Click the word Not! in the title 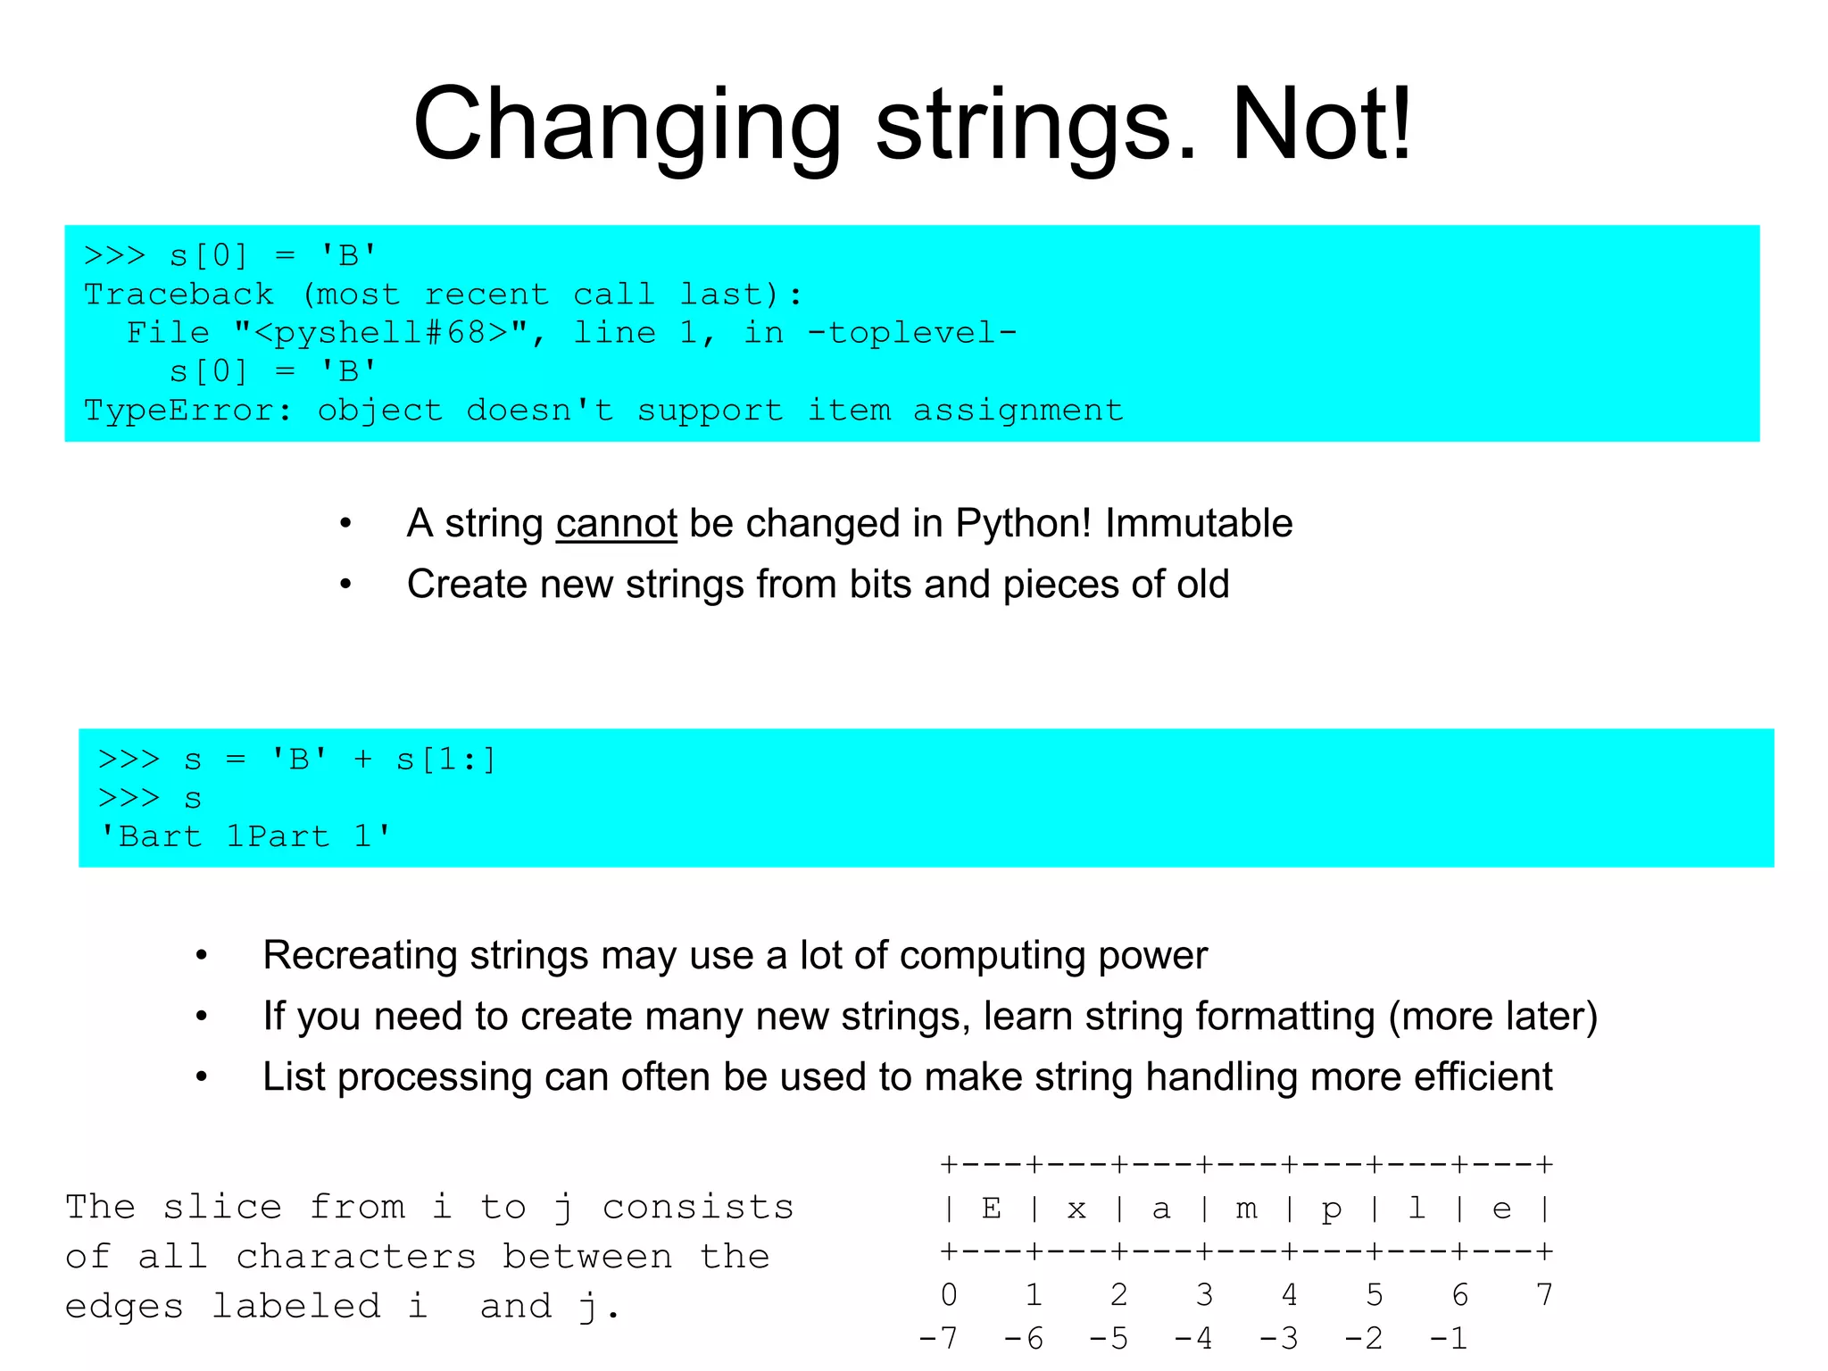tap(1322, 125)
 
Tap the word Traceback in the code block tap(179, 295)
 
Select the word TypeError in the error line tap(187, 411)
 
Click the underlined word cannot tap(616, 524)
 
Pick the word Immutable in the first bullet tap(1199, 524)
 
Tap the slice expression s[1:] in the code tap(445, 760)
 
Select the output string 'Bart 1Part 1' tap(245, 836)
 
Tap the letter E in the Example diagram tap(991, 1209)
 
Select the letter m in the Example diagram tap(1246, 1209)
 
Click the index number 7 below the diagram tap(1544, 1294)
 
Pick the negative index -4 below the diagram tap(1193, 1338)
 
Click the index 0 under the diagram tap(949, 1294)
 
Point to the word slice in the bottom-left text tap(222, 1208)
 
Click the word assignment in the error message tap(1018, 411)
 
